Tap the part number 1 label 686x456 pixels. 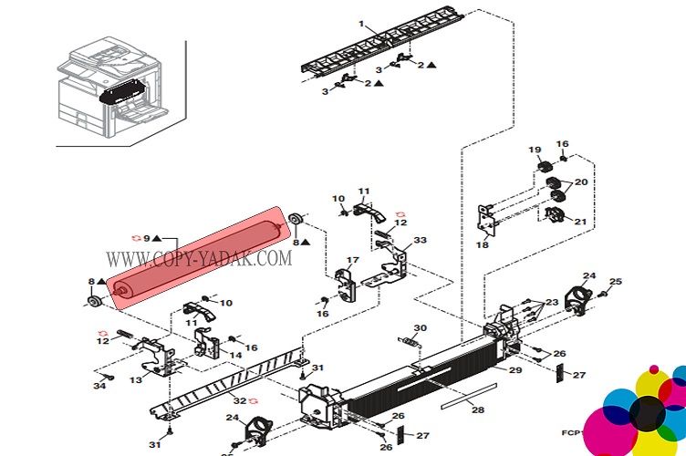point(360,23)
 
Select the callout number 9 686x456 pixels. point(146,238)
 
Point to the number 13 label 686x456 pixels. point(136,379)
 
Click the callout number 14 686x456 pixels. point(236,355)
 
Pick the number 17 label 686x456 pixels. point(352,261)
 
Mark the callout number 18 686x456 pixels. point(483,244)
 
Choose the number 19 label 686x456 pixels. point(535,150)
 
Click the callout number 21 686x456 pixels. point(581,222)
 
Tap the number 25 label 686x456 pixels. point(615,281)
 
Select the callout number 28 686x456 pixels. point(478,410)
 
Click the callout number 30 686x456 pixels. point(420,327)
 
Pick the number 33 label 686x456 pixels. point(420,241)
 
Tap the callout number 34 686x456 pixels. point(99,387)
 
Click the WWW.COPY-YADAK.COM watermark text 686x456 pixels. point(199,259)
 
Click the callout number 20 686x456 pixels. point(581,182)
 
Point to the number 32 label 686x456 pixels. point(239,399)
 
